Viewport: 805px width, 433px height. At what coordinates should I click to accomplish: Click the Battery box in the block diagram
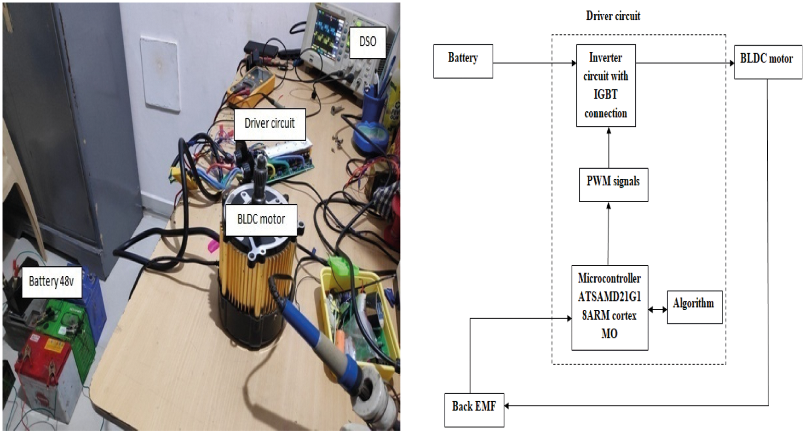[463, 61]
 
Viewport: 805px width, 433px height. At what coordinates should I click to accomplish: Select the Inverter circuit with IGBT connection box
[606, 85]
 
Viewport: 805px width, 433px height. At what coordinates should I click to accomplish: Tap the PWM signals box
[613, 185]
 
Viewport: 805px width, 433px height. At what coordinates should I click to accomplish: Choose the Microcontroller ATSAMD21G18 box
[609, 308]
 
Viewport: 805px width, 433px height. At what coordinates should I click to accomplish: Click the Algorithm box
[694, 307]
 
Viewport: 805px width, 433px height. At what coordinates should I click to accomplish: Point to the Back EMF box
[474, 410]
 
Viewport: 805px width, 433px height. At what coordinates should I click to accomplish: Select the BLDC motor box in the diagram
[768, 62]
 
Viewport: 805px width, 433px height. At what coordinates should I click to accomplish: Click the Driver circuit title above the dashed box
[613, 16]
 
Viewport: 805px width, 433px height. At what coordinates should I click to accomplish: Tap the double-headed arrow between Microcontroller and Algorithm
[657, 310]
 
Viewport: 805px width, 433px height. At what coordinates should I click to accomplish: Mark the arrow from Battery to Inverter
[534, 63]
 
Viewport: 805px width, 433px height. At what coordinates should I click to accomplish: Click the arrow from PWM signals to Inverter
[609, 148]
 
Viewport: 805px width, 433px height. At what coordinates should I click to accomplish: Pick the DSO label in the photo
[368, 42]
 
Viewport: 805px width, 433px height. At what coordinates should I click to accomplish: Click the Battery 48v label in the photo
[52, 282]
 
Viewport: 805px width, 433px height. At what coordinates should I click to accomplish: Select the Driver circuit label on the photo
[270, 124]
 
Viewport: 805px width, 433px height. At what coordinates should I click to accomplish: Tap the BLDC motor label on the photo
[261, 220]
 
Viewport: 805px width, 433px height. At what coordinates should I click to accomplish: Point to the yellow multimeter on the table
[251, 85]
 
